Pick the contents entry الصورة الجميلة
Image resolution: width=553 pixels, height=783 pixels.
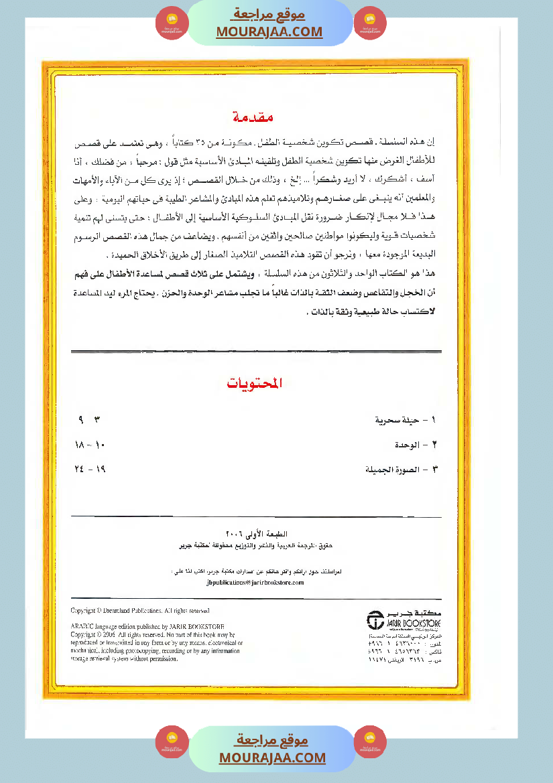396,470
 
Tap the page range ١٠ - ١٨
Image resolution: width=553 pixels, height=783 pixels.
90,445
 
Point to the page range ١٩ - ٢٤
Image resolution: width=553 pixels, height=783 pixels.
90,470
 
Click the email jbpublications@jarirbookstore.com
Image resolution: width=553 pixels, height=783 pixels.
255,583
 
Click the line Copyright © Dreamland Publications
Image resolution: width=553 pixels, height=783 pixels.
140,611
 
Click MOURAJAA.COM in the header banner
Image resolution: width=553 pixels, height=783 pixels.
269,31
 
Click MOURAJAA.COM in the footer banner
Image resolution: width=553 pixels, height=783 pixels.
272,758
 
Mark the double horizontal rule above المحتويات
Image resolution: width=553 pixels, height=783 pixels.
255,352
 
